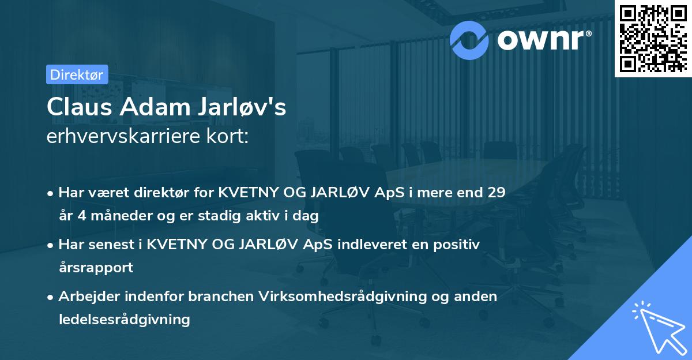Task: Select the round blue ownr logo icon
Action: coord(470,40)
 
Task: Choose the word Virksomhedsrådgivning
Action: coord(329,296)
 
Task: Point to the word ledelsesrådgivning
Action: coord(124,319)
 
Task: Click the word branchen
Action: coord(212,296)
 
